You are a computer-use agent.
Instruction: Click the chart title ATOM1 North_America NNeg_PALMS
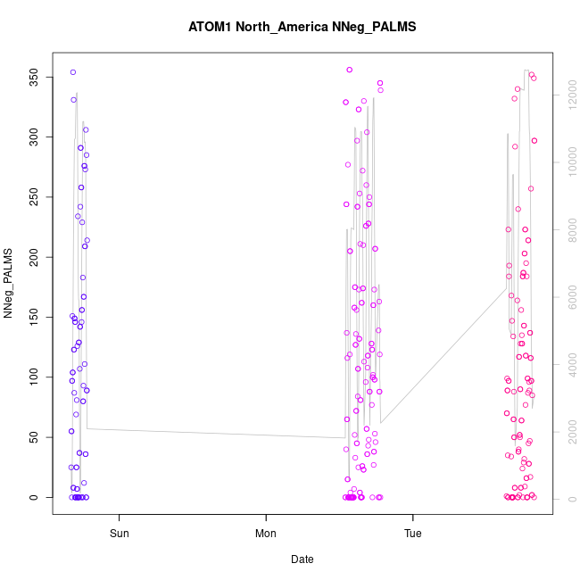(x=302, y=27)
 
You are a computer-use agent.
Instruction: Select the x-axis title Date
(x=302, y=559)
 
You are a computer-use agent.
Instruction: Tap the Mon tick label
(x=266, y=534)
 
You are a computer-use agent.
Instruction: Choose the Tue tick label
(x=413, y=534)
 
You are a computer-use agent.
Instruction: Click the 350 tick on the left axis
(x=37, y=78)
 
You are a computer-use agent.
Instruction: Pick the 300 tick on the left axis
(x=37, y=137)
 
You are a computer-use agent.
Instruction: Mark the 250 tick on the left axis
(x=37, y=197)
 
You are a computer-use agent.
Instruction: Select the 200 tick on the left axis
(x=37, y=258)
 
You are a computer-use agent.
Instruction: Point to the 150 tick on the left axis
(x=37, y=318)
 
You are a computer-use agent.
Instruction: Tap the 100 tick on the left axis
(x=37, y=377)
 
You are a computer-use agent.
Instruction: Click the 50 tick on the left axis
(x=37, y=437)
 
